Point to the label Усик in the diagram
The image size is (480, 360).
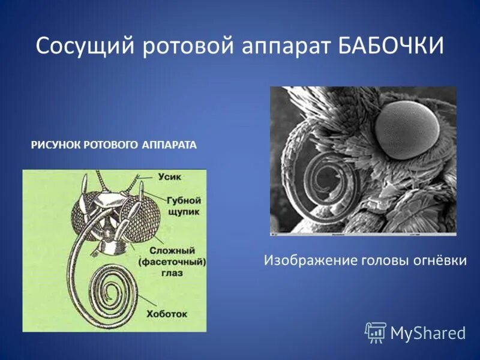[x=170, y=177]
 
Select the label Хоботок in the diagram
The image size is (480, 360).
[x=167, y=314]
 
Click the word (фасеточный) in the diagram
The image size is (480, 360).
[x=172, y=262]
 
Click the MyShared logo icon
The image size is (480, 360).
[x=376, y=332]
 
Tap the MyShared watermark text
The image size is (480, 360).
[x=428, y=334]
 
